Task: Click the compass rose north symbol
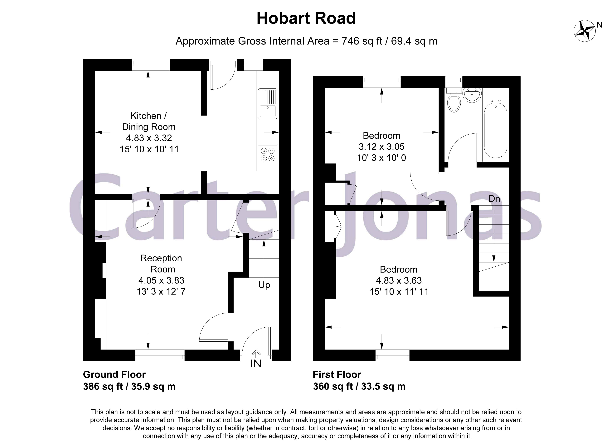point(585,31)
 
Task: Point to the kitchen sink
point(268,104)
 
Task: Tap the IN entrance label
point(256,364)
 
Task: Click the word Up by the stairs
point(264,285)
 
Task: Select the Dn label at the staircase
point(494,199)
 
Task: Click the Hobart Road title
point(306,18)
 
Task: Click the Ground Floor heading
point(114,374)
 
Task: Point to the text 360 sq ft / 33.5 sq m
point(359,386)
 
